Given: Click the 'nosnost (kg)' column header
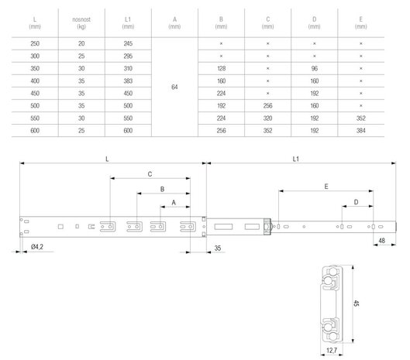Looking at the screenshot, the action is pos(81,23).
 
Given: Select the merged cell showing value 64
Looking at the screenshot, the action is pos(174,87).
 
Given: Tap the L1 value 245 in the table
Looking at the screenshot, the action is pos(128,43).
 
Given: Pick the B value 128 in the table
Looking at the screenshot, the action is pos(221,68).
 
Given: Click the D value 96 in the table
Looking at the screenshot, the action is pos(315,68).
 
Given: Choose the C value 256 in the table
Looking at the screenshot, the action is pos(267,106).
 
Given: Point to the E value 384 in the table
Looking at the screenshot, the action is pos(361,131).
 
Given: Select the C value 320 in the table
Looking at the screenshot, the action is pos(267,118).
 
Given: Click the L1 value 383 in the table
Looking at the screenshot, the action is pos(128,81).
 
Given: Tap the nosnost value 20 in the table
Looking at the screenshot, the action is pos(81,43).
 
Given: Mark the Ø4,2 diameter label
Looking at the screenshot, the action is pos(37,247).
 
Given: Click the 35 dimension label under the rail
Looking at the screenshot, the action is pos(218,248).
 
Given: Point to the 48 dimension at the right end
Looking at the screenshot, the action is pos(382,241).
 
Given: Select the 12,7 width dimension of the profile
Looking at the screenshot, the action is pos(332,351).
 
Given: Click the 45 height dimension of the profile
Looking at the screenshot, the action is pos(356,303).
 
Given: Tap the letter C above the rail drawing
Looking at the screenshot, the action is pos(150,174).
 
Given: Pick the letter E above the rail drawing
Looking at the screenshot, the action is pos(326,187).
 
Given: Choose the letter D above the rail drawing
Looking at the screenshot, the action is pos(356,202).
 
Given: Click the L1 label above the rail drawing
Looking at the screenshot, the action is pos(296,159).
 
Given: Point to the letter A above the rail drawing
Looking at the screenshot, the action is pos(174,203).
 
